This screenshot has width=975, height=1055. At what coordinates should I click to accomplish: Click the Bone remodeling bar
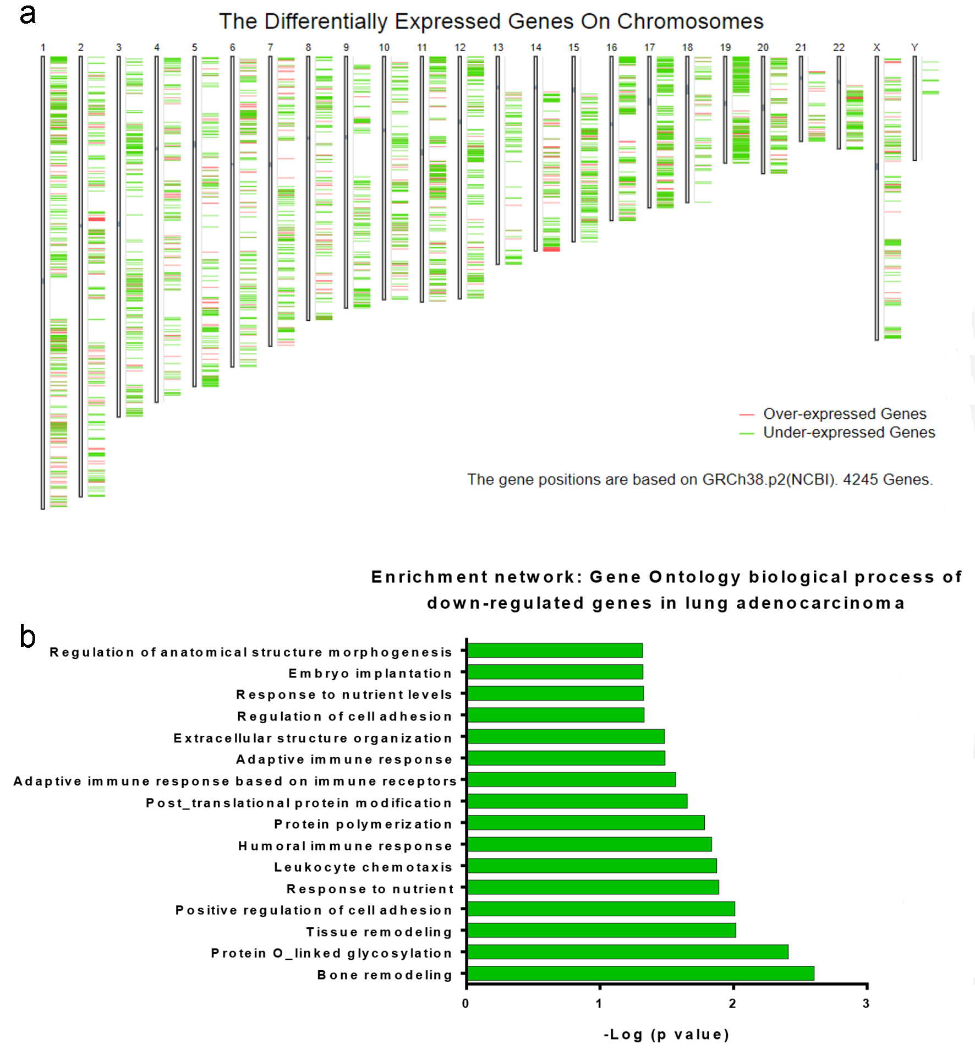pyautogui.click(x=640, y=973)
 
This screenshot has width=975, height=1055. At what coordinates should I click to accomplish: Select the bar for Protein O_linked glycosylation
pyautogui.click(x=627, y=952)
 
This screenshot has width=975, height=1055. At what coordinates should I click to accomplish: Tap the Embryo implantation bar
pyautogui.click(x=555, y=672)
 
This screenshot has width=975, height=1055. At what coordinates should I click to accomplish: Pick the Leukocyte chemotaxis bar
pyautogui.click(x=591, y=866)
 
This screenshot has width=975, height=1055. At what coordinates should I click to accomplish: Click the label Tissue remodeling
pyautogui.click(x=379, y=932)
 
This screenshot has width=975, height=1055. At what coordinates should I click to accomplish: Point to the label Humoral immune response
pyautogui.click(x=345, y=846)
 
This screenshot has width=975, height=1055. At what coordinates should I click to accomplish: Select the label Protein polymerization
pyautogui.click(x=363, y=824)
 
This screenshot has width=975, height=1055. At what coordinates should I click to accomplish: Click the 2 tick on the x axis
pyautogui.click(x=732, y=1003)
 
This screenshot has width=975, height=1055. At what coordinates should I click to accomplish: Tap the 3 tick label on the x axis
pyautogui.click(x=866, y=1003)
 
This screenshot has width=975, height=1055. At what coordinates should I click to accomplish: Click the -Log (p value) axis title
pyautogui.click(x=666, y=1035)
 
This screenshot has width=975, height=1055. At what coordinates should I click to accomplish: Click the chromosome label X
pyautogui.click(x=877, y=47)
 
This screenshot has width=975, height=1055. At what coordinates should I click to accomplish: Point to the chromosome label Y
pyautogui.click(x=914, y=47)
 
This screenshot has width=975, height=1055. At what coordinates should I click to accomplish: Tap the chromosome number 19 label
pyautogui.click(x=725, y=47)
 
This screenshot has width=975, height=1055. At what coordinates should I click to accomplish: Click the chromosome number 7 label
pyautogui.click(x=270, y=47)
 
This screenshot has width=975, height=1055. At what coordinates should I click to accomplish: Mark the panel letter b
pyautogui.click(x=28, y=637)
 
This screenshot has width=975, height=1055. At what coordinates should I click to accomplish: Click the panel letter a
pyautogui.click(x=28, y=14)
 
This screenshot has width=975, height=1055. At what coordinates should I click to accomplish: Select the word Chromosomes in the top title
pyautogui.click(x=690, y=21)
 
